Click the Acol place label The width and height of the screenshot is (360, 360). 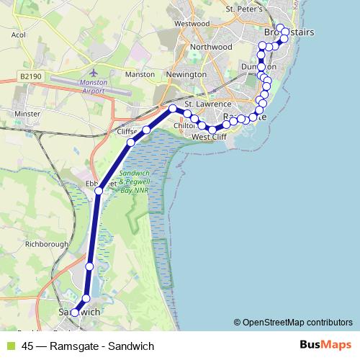click(x=19, y=34)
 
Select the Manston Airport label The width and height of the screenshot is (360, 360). click(x=95, y=86)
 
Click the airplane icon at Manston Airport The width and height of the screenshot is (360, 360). click(x=94, y=73)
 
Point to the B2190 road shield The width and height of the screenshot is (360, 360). click(x=31, y=76)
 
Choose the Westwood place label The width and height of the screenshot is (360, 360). click(x=192, y=24)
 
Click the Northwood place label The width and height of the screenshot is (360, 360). click(x=211, y=47)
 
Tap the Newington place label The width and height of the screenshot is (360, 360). click(x=186, y=74)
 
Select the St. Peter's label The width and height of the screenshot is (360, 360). click(x=241, y=9)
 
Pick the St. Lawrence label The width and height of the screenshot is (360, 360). click(x=208, y=104)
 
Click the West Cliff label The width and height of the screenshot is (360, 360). click(x=210, y=137)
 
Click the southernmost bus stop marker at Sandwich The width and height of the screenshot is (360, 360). click(x=74, y=312)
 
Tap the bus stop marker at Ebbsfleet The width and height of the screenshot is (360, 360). click(x=99, y=191)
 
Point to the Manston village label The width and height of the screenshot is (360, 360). click(x=140, y=74)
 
